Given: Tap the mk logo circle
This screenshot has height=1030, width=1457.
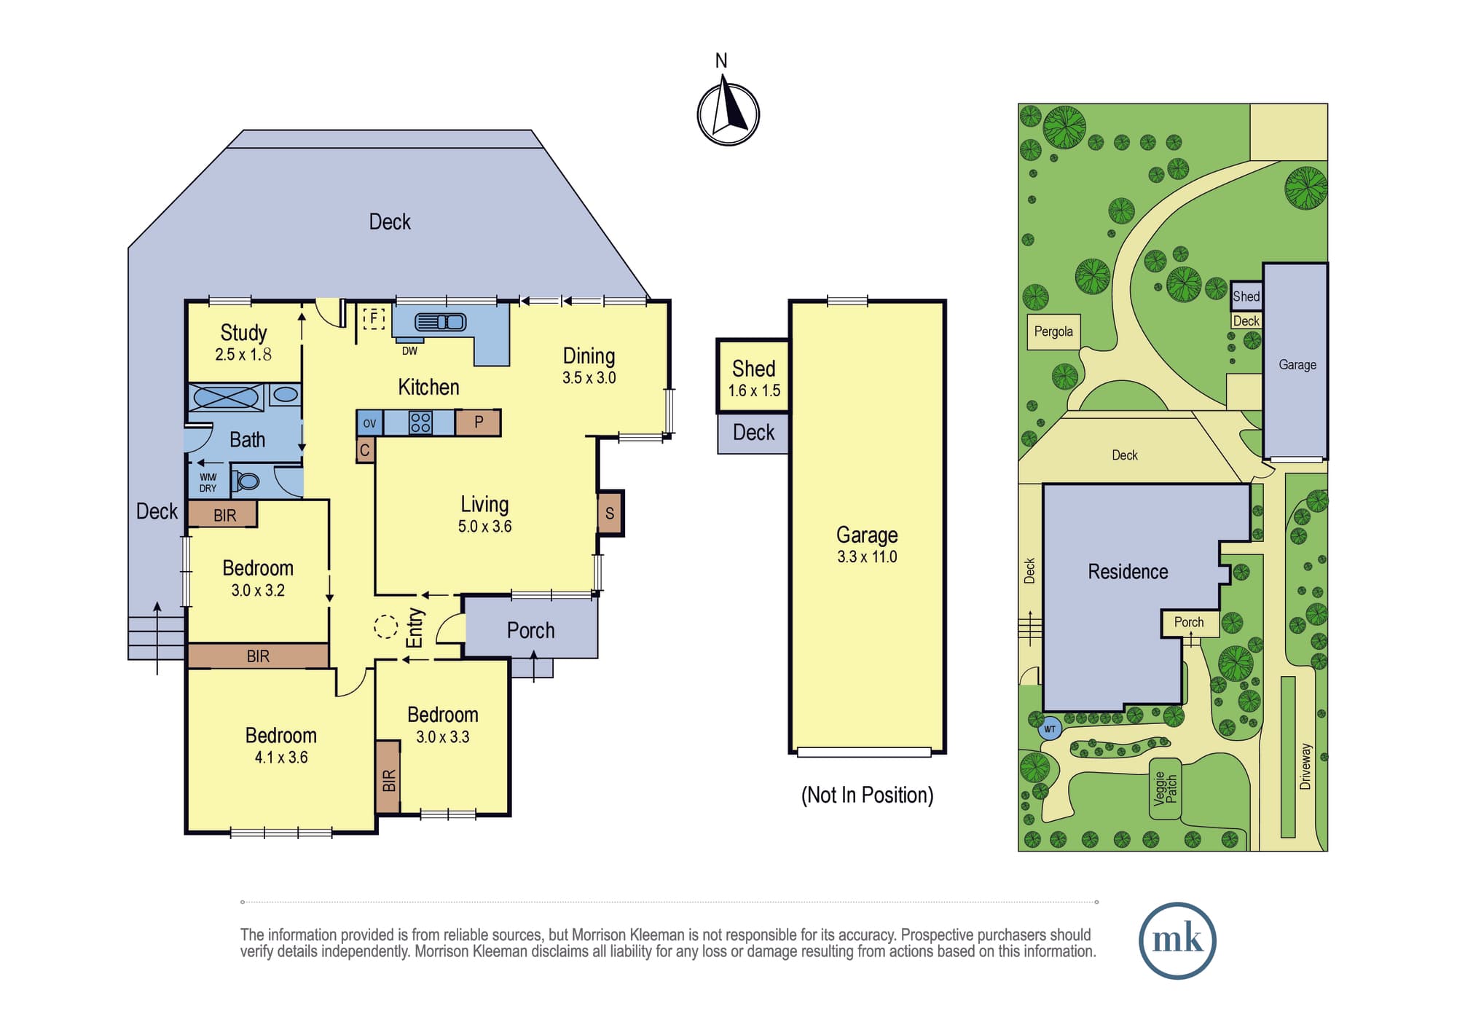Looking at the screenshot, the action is [1177, 940].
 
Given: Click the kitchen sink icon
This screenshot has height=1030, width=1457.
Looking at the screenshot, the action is [440, 322].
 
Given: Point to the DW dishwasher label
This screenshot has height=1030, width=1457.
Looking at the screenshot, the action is [409, 351].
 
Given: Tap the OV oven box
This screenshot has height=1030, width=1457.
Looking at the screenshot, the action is [369, 422].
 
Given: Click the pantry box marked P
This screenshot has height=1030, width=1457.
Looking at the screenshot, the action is [478, 422].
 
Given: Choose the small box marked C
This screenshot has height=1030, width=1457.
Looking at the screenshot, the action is [365, 450].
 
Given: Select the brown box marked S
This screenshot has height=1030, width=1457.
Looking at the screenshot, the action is [610, 513].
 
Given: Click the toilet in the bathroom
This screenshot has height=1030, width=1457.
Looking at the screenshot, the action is [246, 481].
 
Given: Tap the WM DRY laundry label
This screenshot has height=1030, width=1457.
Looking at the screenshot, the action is [208, 483].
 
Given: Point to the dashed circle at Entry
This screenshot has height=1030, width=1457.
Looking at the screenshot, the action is [385, 626].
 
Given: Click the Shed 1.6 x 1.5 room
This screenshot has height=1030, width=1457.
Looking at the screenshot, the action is [753, 377].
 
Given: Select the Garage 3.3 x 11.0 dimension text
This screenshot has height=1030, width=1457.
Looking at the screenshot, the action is [867, 557].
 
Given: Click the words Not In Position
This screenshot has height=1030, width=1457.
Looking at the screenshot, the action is [867, 795].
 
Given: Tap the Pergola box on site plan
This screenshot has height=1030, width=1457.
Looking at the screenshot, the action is [1053, 332].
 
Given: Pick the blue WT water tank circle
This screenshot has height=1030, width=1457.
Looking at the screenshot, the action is [1050, 728].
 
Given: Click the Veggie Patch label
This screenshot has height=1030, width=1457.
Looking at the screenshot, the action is [1166, 788].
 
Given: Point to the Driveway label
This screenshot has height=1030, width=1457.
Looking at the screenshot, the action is [1305, 766].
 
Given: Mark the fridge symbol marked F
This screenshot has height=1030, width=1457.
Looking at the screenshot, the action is [374, 318].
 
